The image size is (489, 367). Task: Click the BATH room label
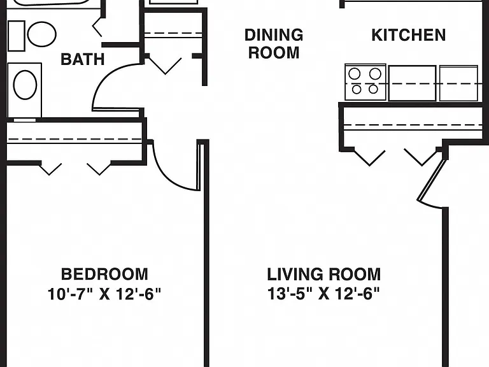(x=83, y=59)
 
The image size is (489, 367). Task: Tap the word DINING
(x=274, y=34)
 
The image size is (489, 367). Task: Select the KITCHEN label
(x=409, y=35)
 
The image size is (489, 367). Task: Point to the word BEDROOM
(x=104, y=275)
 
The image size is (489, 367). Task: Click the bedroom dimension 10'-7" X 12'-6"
(x=104, y=294)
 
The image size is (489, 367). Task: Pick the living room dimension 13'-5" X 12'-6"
(x=323, y=294)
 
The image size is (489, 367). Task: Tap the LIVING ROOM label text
(x=323, y=275)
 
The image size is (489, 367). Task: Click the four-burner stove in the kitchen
(x=365, y=82)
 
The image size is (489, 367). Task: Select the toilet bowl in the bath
(x=42, y=34)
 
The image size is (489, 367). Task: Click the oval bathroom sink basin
(x=25, y=85)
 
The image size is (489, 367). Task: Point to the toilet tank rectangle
(x=16, y=36)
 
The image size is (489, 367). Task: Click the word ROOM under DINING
(x=274, y=52)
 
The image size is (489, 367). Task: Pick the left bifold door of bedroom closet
(x=50, y=168)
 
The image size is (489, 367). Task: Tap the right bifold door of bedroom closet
(x=99, y=168)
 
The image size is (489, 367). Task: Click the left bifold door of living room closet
(x=370, y=157)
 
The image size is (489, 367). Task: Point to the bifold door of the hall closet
(x=165, y=66)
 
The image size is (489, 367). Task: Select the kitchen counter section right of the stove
(x=412, y=83)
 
